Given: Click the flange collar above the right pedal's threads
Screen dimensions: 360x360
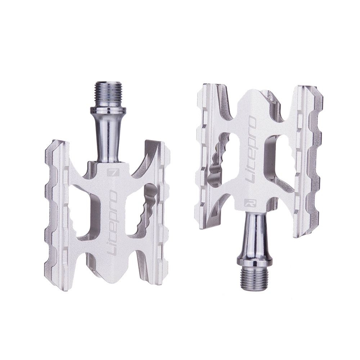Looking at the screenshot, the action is pyautogui.click(x=255, y=262).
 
